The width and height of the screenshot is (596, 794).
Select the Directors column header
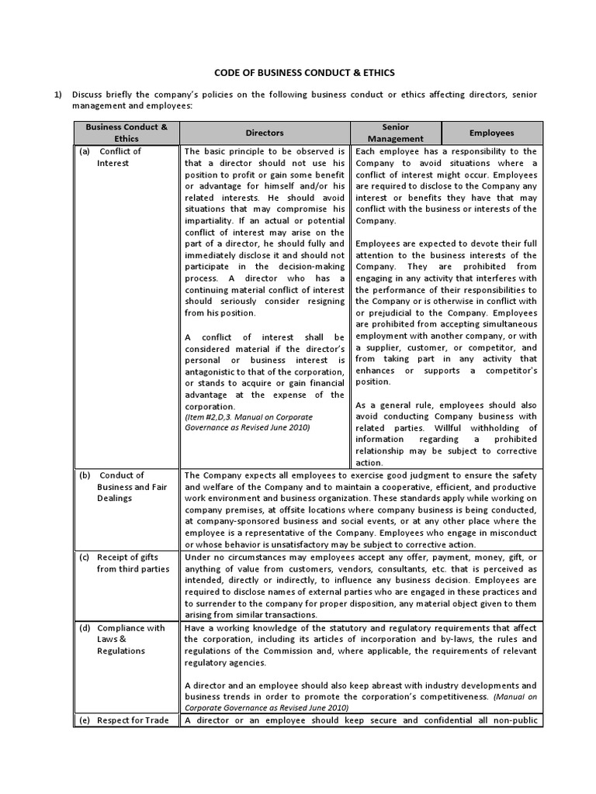click(265, 133)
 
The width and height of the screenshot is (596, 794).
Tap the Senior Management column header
click(396, 133)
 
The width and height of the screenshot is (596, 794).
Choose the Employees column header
click(491, 133)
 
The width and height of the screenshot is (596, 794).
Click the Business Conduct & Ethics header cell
click(126, 133)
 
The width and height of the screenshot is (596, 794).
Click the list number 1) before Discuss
click(57, 95)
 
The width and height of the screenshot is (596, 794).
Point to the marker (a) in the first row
click(85, 152)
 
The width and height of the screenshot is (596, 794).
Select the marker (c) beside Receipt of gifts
click(85, 558)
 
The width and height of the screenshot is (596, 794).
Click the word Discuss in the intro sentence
click(89, 95)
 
